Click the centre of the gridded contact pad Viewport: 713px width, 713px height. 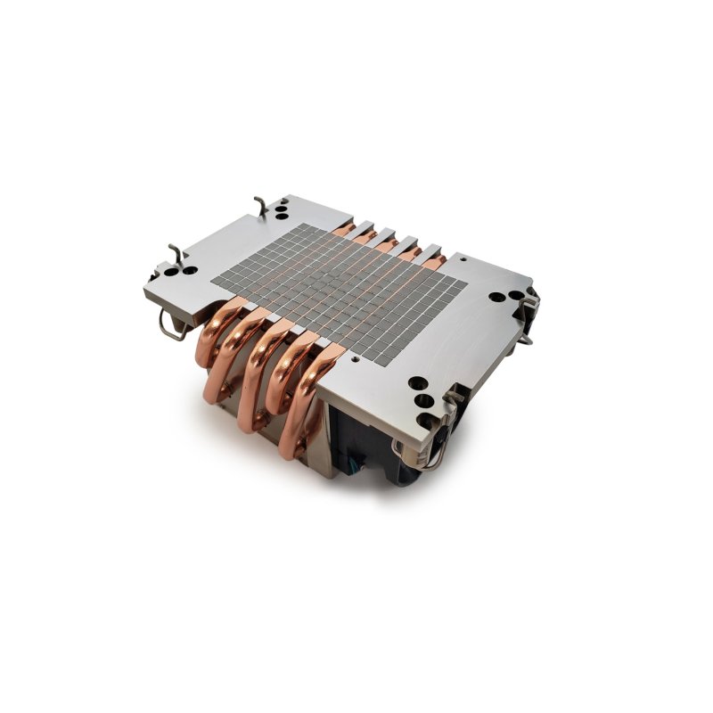[x=339, y=290]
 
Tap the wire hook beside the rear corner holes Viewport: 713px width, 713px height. [x=259, y=206]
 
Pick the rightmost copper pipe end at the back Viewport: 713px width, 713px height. [x=437, y=259]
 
